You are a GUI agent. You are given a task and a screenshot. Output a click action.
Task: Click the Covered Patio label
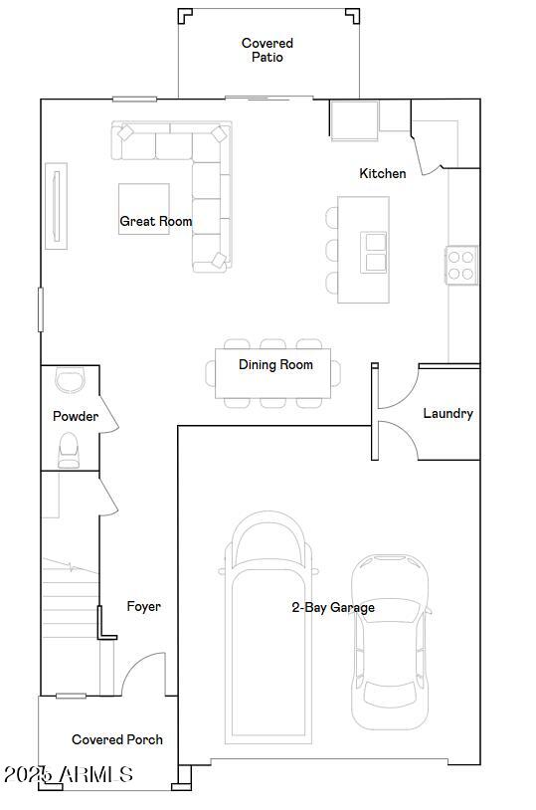tap(267, 50)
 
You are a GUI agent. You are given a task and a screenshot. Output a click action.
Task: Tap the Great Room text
tap(156, 221)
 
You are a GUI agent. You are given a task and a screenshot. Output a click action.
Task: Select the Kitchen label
tap(383, 173)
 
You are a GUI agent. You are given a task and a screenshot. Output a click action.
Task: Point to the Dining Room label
tap(275, 365)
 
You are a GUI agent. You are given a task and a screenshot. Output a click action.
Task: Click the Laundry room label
tap(448, 413)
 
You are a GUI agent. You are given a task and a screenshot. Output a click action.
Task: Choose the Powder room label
tap(76, 416)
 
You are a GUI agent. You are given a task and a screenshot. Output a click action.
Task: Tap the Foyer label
tap(143, 606)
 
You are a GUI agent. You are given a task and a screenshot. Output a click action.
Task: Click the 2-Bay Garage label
tap(333, 607)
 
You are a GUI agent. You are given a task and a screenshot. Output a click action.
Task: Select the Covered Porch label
tap(117, 739)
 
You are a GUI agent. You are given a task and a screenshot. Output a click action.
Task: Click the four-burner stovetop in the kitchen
tap(460, 265)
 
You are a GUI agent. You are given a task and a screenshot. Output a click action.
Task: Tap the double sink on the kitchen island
tap(374, 252)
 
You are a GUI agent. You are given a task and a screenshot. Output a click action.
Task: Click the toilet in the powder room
tap(69, 450)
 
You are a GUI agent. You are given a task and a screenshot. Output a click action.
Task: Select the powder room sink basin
tap(70, 381)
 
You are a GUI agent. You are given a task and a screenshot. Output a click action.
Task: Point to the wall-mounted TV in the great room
tap(57, 206)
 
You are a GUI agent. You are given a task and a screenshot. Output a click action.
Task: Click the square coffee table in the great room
tap(144, 209)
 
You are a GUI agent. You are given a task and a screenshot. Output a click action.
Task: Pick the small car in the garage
tap(391, 642)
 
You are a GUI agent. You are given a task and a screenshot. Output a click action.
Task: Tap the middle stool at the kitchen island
tap(332, 250)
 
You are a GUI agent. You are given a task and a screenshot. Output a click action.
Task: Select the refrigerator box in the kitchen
tap(354, 120)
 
